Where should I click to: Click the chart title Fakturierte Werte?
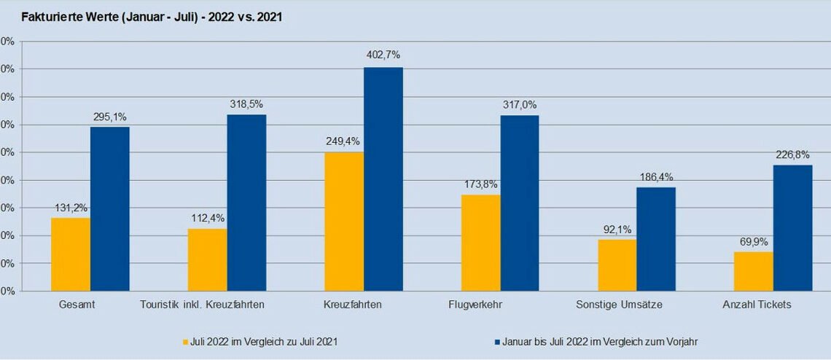coord(152,17)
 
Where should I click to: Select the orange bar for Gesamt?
coord(71,254)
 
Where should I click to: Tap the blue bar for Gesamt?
coord(110,208)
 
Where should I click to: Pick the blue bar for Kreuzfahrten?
coord(383,179)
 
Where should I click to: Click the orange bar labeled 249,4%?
coord(344,221)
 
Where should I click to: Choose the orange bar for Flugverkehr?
coord(481,242)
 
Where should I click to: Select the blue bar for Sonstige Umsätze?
coord(656,238)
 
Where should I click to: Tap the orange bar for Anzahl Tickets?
coord(754,270)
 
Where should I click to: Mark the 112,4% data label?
coord(207,216)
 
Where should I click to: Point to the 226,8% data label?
coord(793,153)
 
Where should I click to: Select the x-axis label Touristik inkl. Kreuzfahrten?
coord(202,305)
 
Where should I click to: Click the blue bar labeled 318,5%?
coord(246,202)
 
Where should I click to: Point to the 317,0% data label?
coord(520,104)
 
